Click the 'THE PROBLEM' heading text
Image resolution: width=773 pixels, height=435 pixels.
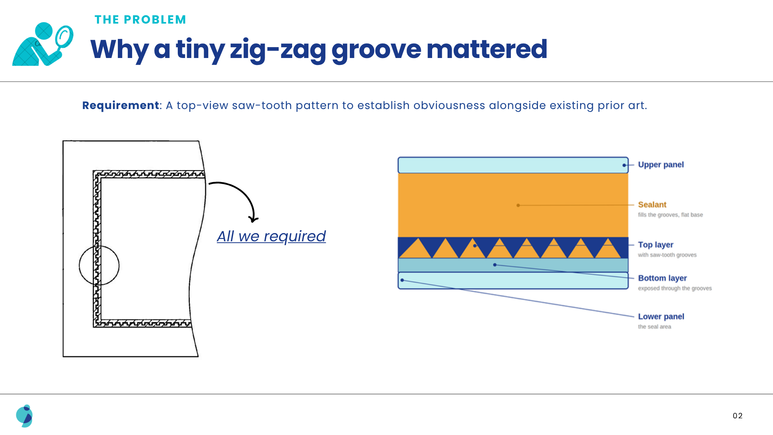[140, 20]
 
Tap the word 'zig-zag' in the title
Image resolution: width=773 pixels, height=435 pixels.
[278, 50]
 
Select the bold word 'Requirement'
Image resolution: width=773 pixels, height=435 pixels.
[121, 105]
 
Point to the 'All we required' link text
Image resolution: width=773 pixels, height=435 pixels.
[271, 236]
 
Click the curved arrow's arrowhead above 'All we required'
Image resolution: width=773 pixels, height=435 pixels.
[253, 219]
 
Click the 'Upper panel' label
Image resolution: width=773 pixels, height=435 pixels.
[661, 165]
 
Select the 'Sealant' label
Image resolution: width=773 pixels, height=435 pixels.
[652, 205]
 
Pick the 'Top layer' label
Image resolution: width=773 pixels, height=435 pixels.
[656, 245]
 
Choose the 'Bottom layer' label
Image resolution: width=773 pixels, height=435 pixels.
[662, 278]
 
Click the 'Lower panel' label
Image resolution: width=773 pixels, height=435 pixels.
[661, 316]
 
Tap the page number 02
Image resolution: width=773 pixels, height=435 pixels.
[737, 416]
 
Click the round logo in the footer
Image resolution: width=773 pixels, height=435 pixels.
[24, 416]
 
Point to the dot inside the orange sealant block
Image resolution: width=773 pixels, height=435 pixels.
[518, 205]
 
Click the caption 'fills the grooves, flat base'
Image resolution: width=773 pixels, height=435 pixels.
[670, 215]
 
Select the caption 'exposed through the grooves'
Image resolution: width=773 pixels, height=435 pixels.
[675, 288]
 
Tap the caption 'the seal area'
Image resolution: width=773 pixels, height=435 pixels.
[654, 327]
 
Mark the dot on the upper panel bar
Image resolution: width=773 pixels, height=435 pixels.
[624, 165]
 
